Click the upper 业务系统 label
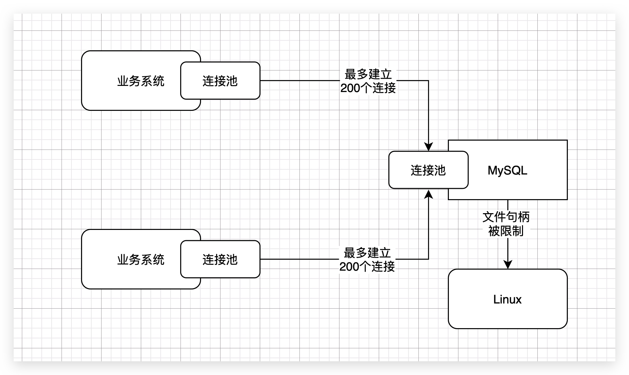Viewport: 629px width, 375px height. click(140, 81)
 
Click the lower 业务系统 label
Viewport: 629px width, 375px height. click(140, 260)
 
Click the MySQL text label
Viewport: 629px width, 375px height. click(507, 170)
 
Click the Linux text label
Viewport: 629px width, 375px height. click(507, 299)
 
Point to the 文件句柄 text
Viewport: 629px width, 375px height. click(506, 217)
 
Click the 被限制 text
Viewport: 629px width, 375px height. click(506, 231)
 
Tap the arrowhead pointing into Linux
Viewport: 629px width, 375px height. click(508, 264)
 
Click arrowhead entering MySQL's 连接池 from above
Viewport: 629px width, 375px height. click(428, 147)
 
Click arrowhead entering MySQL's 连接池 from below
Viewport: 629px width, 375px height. click(428, 194)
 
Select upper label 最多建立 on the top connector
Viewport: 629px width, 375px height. click(368, 74)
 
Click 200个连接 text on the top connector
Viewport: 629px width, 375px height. click(368, 88)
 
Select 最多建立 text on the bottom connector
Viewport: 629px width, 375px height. click(367, 253)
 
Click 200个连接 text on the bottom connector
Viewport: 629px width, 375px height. click(367, 267)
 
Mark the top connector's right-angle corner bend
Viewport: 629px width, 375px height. click(428, 81)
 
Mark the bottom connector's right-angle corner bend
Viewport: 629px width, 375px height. click(428, 259)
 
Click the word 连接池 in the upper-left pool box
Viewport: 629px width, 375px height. click(220, 81)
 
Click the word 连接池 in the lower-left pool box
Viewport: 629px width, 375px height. click(220, 260)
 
